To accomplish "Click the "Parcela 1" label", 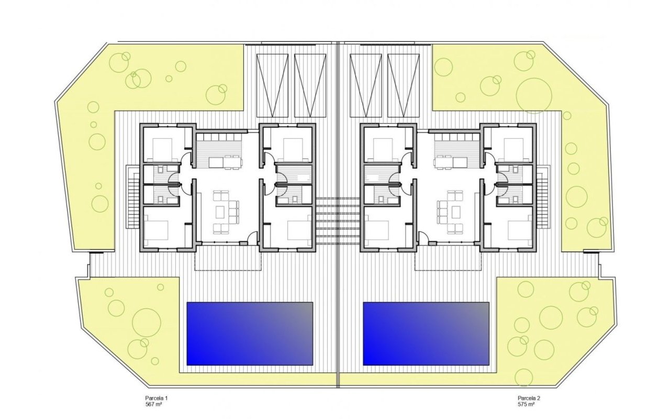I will click(157, 398).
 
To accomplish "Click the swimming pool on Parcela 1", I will click(250, 334).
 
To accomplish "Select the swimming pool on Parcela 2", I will click(426, 334).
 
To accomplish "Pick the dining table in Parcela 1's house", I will click(225, 162).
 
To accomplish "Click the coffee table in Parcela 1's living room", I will click(221, 212).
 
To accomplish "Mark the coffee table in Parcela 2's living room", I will click(456, 212).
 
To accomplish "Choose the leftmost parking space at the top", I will click(273, 85).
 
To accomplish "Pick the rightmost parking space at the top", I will click(404, 85).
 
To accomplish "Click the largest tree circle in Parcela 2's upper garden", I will click(533, 96).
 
